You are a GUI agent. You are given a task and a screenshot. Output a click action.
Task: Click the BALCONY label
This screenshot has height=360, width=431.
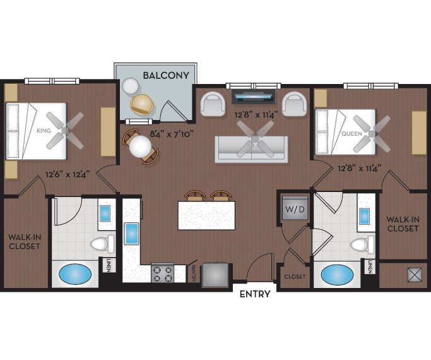coord(166,75)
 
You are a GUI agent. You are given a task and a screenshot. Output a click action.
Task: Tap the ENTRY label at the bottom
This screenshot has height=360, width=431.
coord(255,294)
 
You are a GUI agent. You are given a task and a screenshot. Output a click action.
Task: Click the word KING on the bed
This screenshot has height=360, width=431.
coord(44,131)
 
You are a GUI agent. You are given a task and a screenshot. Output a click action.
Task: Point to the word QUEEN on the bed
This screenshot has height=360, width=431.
coord(351,134)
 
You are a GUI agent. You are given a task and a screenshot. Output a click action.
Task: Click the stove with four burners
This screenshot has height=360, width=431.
coord(162,273)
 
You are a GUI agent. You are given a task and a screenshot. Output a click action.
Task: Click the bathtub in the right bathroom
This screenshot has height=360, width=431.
coord(337,275)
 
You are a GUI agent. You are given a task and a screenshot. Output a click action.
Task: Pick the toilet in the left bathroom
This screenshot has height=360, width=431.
coord(101,243)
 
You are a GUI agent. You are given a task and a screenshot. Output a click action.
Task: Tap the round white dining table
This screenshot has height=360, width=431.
coord(140,148)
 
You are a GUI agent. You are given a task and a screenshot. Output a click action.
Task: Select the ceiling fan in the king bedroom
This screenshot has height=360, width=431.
coord(67,129)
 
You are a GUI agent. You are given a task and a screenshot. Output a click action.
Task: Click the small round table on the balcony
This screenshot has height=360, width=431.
coord(131,85)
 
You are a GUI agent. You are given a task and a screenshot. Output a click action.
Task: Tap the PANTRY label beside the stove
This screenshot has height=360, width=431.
coord(192,272)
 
